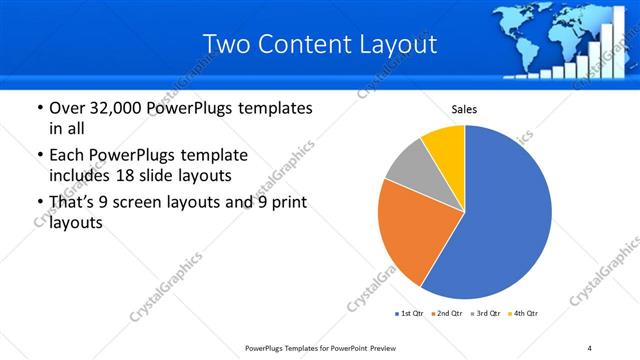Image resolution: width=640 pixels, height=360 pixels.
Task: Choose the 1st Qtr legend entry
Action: point(411,314)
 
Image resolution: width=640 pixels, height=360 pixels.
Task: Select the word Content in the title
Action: point(304,44)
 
